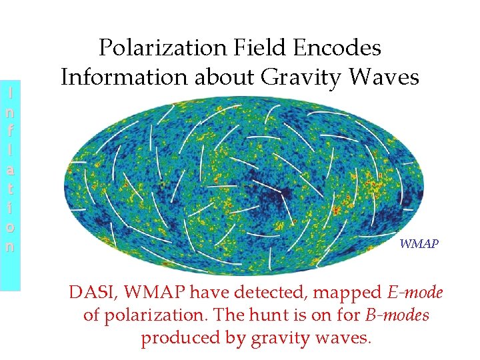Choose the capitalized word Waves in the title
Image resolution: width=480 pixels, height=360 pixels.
(x=384, y=78)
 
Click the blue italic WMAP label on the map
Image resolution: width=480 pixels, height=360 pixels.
(x=419, y=244)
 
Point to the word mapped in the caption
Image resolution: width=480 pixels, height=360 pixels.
(x=346, y=293)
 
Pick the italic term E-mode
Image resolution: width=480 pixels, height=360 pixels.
(x=415, y=292)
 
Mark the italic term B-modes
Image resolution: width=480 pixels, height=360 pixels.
(x=397, y=315)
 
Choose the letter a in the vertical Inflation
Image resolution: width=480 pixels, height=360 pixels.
(x=9, y=170)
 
